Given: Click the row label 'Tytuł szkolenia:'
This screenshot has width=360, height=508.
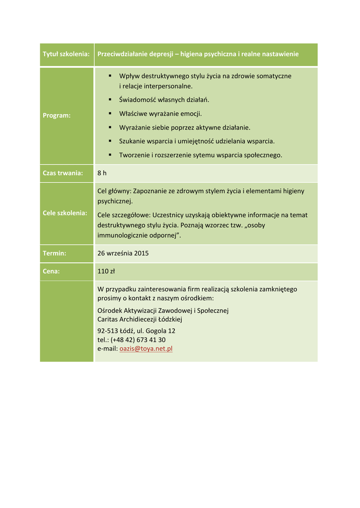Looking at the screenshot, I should pyautogui.click(x=66, y=54).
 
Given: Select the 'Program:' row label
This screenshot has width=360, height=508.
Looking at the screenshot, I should pyautogui.click(x=57, y=115).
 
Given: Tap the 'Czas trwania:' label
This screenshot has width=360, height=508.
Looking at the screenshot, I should pyautogui.click(x=63, y=173).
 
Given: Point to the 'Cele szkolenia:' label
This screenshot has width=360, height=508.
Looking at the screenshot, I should pyautogui.click(x=65, y=213).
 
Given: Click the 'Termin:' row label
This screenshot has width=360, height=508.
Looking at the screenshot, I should pyautogui.click(x=54, y=253).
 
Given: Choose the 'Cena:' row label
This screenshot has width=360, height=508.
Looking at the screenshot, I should pyautogui.click(x=51, y=271).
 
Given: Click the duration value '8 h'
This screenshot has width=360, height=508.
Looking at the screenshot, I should pyautogui.click(x=102, y=173).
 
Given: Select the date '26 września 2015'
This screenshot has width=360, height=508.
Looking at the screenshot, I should pyautogui.click(x=123, y=253).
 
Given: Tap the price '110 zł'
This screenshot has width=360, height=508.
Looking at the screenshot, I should pyautogui.click(x=106, y=271).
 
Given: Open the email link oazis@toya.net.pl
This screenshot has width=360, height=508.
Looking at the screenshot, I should pyautogui.click(x=146, y=349).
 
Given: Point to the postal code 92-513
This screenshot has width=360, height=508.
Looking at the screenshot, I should pyautogui.click(x=107, y=331).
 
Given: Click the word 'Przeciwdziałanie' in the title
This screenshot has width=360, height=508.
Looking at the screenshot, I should pyautogui.click(x=122, y=54).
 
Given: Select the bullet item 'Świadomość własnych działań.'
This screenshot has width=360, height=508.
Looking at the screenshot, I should pyautogui.click(x=164, y=100).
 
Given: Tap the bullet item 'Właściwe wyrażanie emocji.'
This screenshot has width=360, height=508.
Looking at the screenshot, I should pyautogui.click(x=160, y=114).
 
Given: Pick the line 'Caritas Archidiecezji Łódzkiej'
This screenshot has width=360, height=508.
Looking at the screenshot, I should pyautogui.click(x=140, y=319).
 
